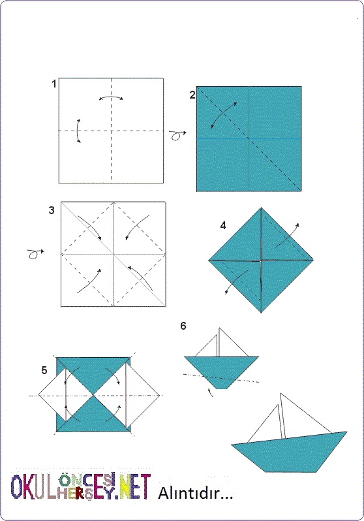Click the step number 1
(53, 84)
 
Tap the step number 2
(192, 95)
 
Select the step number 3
(52, 210)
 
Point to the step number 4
(223, 226)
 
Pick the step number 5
(44, 370)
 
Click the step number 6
(183, 326)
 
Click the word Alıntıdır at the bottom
(195, 493)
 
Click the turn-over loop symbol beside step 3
(35, 254)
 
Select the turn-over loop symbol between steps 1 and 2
(177, 135)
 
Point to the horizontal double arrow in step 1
(112, 97)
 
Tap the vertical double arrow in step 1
(77, 131)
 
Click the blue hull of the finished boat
(288, 454)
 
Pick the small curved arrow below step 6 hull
(210, 392)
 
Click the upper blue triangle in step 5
(93, 374)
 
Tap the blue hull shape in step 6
(222, 370)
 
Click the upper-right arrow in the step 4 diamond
(288, 235)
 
